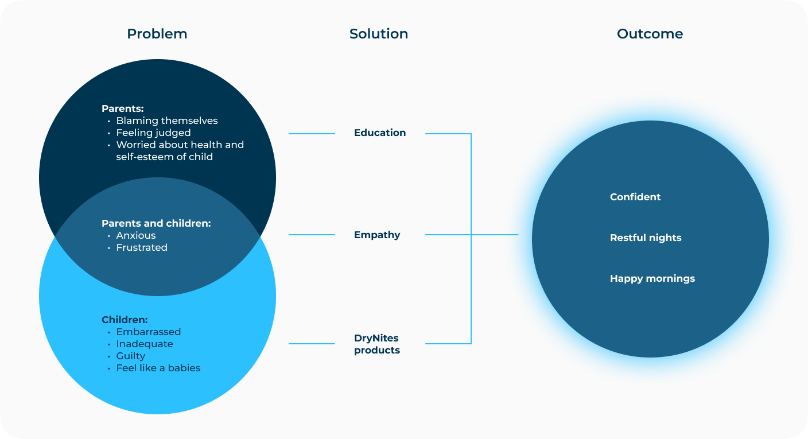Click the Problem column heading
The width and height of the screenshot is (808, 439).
(x=157, y=34)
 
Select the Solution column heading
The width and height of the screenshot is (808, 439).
(x=379, y=34)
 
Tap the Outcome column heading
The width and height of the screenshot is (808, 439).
(x=650, y=34)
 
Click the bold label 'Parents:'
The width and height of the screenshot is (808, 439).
(x=122, y=108)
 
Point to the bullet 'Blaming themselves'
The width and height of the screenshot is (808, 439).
(x=166, y=121)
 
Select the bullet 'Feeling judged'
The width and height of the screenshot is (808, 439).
(x=153, y=133)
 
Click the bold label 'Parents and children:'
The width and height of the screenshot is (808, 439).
(x=156, y=223)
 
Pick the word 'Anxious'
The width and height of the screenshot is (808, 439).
(x=135, y=235)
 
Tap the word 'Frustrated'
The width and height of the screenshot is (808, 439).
(x=142, y=247)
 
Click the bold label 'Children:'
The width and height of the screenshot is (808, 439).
(x=125, y=320)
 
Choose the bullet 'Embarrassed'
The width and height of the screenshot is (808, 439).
(x=148, y=332)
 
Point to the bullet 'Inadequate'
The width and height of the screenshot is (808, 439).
(x=144, y=344)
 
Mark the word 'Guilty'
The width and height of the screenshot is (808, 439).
(x=130, y=356)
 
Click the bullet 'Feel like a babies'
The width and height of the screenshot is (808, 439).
(x=158, y=368)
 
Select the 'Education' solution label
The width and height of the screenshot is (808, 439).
(x=380, y=133)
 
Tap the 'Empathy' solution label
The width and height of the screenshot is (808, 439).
(x=377, y=235)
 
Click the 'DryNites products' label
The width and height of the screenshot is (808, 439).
(x=377, y=344)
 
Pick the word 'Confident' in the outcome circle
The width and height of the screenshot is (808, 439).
(x=635, y=197)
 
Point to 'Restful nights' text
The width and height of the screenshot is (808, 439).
(x=646, y=238)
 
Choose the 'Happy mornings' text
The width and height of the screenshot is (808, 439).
(x=652, y=278)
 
